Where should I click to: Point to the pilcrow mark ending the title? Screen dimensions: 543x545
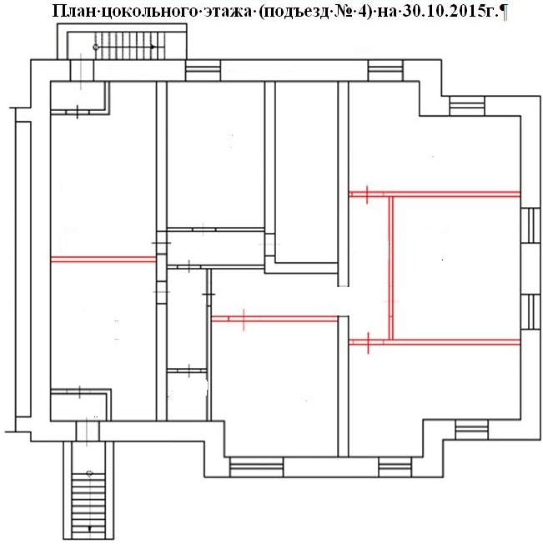pyautogui.click(x=504, y=12)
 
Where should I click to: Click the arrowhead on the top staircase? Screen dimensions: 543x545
pyautogui.click(x=153, y=47)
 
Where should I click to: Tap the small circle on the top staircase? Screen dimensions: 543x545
pyautogui.click(x=96, y=47)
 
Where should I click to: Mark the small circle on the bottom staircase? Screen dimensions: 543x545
pyautogui.click(x=89, y=473)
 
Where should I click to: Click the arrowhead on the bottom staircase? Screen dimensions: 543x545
pyautogui.click(x=89, y=528)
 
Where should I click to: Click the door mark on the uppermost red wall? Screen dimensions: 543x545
pyautogui.click(x=367, y=194)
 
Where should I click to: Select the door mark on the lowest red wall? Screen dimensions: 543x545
pyautogui.click(x=368, y=343)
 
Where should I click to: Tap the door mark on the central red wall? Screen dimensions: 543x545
pyautogui.click(x=244, y=319)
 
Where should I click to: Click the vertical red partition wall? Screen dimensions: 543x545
pyautogui.click(x=391, y=268)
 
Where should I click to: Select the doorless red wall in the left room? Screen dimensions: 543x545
pyautogui.click(x=103, y=260)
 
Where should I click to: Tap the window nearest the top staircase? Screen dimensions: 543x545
pyautogui.click(x=203, y=71)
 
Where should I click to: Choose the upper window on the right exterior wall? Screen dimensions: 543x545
pyautogui.click(x=530, y=225)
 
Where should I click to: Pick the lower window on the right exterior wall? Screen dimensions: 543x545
pyautogui.click(x=530, y=311)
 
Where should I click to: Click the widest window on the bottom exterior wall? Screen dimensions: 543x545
pyautogui.click(x=256, y=467)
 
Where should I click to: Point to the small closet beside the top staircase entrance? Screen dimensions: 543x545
pyautogui.click(x=79, y=97)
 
